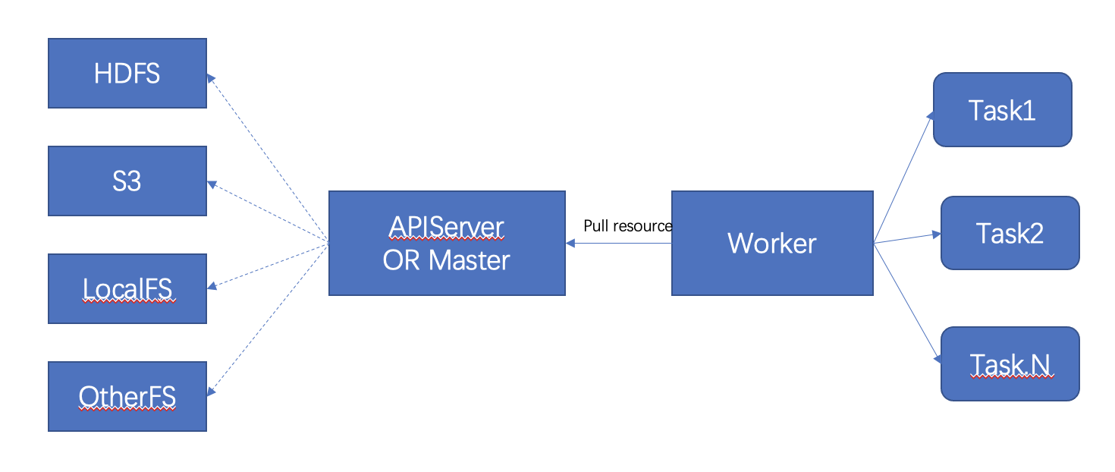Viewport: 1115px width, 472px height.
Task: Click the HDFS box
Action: pyautogui.click(x=127, y=73)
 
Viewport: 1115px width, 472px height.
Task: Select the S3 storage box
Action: pyautogui.click(x=127, y=181)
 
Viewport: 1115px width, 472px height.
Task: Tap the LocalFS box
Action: pyautogui.click(x=127, y=288)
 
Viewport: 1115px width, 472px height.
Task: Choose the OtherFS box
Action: pyautogui.click(x=127, y=396)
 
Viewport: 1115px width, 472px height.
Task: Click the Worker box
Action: pyautogui.click(x=772, y=243)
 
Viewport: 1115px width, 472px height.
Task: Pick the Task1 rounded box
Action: pyautogui.click(x=1001, y=110)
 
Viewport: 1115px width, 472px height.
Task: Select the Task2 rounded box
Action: pyautogui.click(x=1010, y=233)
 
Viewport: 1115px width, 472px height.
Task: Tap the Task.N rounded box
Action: pyautogui.click(x=1010, y=364)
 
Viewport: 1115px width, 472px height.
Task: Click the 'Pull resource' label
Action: pyautogui.click(x=627, y=226)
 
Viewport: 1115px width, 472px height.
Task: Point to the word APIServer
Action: pyautogui.click(x=446, y=226)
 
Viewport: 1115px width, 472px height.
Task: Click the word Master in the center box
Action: pyautogui.click(x=470, y=260)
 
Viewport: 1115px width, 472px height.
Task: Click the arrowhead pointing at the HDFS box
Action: pyautogui.click(x=211, y=77)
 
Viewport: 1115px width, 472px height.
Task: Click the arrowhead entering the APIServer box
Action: pyautogui.click(x=570, y=243)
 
